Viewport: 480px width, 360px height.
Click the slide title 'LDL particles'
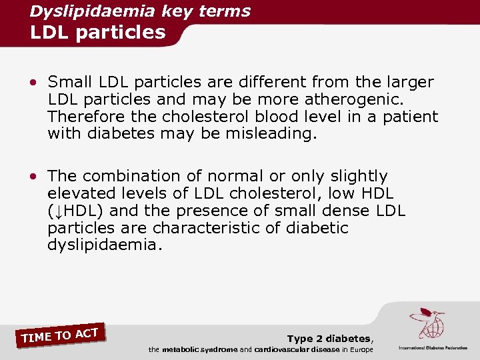pos(97,32)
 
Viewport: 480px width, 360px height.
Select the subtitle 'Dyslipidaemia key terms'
pos(140,11)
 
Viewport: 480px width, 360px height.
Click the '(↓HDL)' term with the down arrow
pos(77,211)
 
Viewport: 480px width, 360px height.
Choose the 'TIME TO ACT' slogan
pos(60,335)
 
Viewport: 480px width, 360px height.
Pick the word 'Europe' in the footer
pos(359,350)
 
